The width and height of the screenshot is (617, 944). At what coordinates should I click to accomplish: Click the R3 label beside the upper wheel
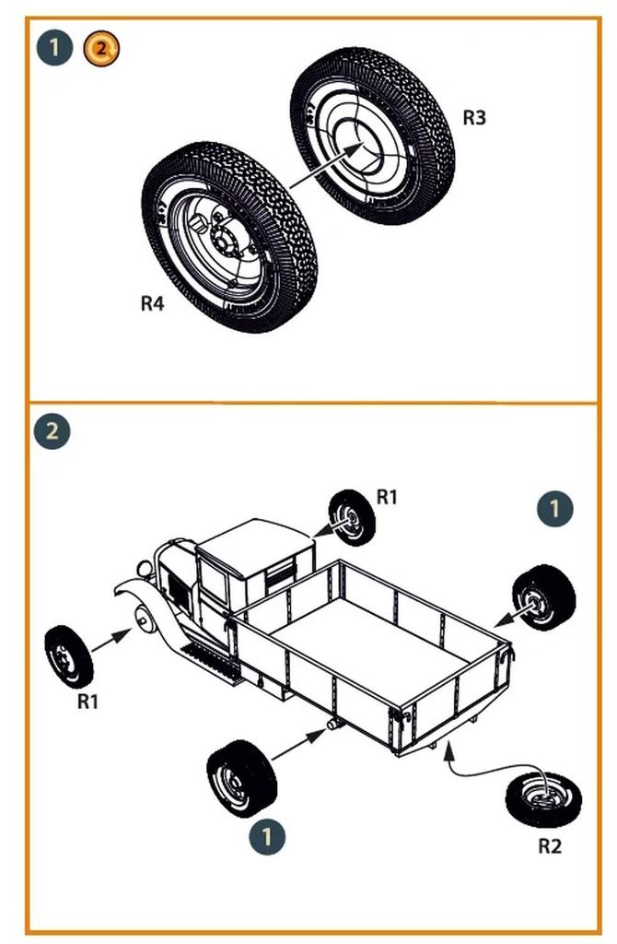pyautogui.click(x=474, y=118)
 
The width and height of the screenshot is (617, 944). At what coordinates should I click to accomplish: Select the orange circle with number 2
pyautogui.click(x=101, y=47)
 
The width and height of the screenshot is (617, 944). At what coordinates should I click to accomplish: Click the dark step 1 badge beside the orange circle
pyautogui.click(x=55, y=47)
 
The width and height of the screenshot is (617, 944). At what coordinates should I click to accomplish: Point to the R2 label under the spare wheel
pyautogui.click(x=549, y=845)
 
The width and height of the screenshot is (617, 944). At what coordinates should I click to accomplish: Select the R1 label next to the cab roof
pyautogui.click(x=387, y=497)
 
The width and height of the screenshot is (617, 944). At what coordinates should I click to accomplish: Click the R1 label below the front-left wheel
pyautogui.click(x=87, y=702)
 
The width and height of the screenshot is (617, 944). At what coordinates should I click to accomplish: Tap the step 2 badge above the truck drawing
pyautogui.click(x=52, y=431)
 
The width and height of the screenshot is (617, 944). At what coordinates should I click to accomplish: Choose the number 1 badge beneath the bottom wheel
pyautogui.click(x=267, y=837)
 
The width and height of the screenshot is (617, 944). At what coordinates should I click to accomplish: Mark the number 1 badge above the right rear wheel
pyautogui.click(x=554, y=508)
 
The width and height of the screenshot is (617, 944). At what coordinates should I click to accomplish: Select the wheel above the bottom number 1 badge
pyautogui.click(x=241, y=779)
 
